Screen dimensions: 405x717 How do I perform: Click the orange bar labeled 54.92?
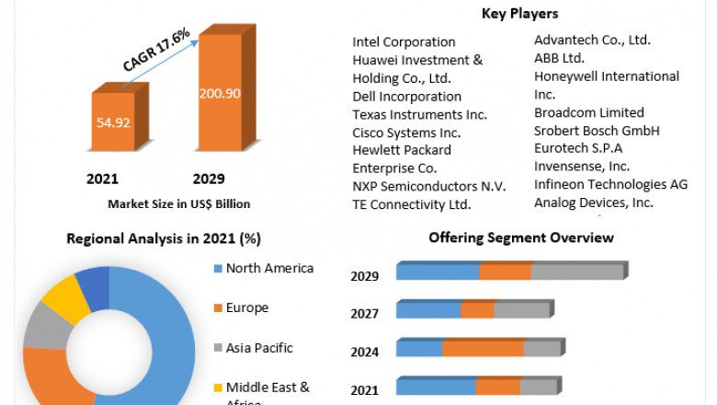click(x=111, y=121)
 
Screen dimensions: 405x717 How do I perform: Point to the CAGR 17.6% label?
click(x=156, y=50)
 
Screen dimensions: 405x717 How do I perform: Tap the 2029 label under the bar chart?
click(x=209, y=179)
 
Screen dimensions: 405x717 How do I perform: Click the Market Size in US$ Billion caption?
click(x=179, y=203)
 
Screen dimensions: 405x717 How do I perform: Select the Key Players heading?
click(x=519, y=14)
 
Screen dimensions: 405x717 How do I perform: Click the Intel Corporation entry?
click(x=404, y=41)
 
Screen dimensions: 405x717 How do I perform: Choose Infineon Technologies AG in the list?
click(x=611, y=184)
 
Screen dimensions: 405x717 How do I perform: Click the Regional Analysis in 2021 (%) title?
click(x=164, y=238)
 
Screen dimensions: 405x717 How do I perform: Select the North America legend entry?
click(x=269, y=268)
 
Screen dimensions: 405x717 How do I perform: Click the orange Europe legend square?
click(x=218, y=308)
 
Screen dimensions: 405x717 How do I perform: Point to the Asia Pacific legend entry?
click(x=259, y=348)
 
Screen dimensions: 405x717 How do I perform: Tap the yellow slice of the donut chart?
click(x=65, y=297)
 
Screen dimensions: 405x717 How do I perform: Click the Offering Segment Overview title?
click(x=521, y=238)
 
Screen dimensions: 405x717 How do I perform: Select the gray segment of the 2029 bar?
click(x=577, y=272)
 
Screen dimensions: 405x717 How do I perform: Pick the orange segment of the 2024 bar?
click(x=483, y=349)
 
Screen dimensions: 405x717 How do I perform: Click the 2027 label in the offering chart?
click(x=365, y=314)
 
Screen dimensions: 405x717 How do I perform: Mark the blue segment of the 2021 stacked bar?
click(x=436, y=388)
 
